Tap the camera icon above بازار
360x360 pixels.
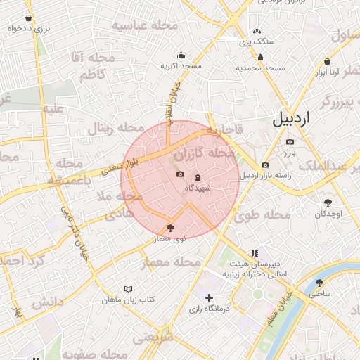tap(290, 142)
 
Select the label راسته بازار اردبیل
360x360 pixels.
tap(271, 176)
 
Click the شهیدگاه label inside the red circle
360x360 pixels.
tap(196, 188)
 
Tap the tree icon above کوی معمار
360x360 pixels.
tap(169, 228)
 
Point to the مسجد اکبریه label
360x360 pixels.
tap(181, 66)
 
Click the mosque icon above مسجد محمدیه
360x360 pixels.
tap(260, 58)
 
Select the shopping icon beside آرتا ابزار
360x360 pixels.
tap(328, 61)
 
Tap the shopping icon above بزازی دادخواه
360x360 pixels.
tap(28, 18)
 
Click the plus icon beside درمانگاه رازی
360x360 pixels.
tap(209, 298)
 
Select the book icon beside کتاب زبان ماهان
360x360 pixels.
tap(127, 290)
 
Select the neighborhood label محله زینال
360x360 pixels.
tap(108, 129)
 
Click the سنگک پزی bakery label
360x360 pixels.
tap(257, 42)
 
